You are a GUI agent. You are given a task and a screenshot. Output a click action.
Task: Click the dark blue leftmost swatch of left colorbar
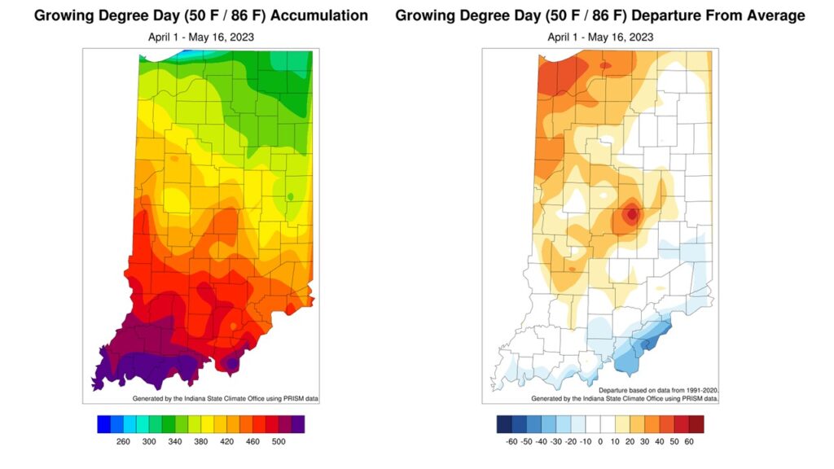click(x=103, y=424)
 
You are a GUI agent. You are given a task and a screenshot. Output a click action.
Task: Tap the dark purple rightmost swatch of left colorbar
click(x=298, y=424)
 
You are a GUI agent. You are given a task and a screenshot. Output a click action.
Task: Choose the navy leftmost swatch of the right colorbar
click(x=504, y=424)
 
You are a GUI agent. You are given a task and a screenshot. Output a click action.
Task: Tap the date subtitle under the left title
click(x=201, y=37)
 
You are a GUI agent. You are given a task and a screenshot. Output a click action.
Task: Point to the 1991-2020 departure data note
click(x=659, y=391)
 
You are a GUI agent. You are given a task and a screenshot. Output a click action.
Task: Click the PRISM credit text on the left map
click(x=225, y=398)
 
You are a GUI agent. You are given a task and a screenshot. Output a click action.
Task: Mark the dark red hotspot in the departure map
click(x=631, y=215)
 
